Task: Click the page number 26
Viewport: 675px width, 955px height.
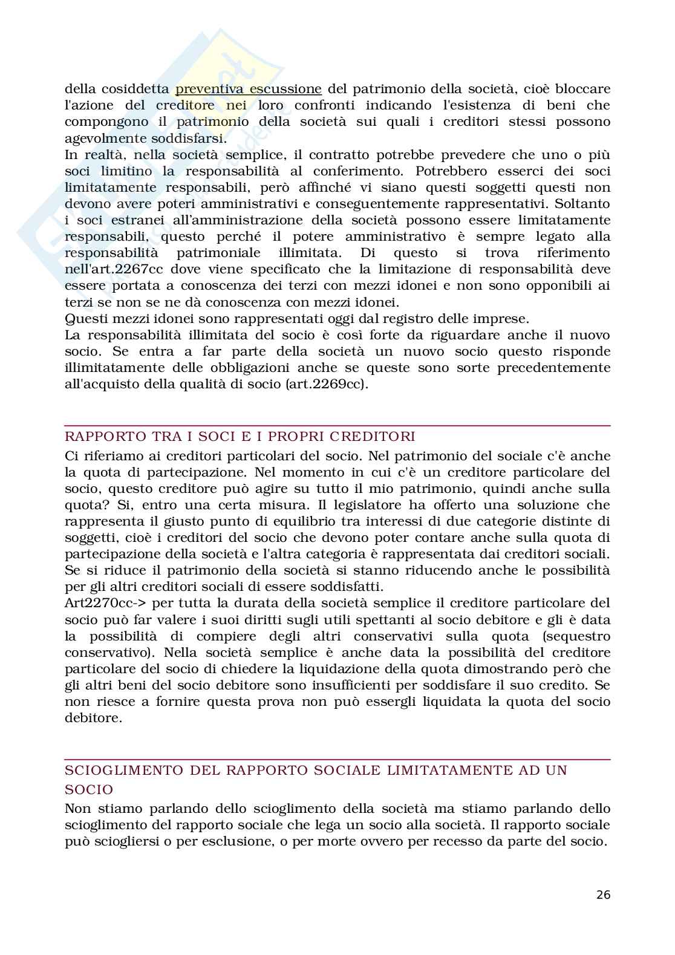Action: [603, 895]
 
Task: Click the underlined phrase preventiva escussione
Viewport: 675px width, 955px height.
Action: [248, 89]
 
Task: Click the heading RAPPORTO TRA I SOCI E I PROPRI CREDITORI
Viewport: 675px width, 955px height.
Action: [240, 436]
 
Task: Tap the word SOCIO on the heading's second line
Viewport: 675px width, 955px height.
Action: [89, 789]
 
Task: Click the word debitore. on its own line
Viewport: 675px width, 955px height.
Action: [93, 718]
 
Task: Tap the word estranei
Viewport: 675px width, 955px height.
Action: [131, 220]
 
